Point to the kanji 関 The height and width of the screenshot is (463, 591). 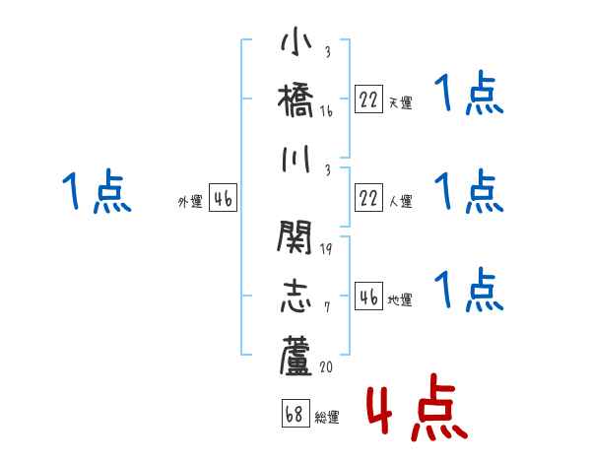pos(295,236)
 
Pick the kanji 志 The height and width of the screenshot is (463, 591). pos(295,297)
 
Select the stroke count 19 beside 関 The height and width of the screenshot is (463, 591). pos(325,248)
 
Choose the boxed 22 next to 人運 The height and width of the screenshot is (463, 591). pos(368,198)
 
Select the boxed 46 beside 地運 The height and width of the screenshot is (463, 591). pos(368,296)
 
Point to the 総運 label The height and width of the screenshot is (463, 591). pos(327,418)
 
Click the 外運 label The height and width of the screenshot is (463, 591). pos(190,202)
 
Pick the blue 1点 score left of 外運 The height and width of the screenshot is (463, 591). pos(97,191)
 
